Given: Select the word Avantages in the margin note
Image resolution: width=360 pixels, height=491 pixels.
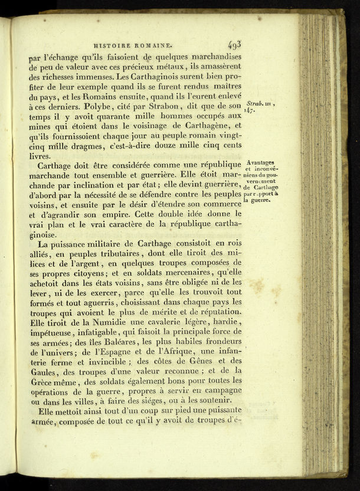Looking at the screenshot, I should click(x=260, y=163).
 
